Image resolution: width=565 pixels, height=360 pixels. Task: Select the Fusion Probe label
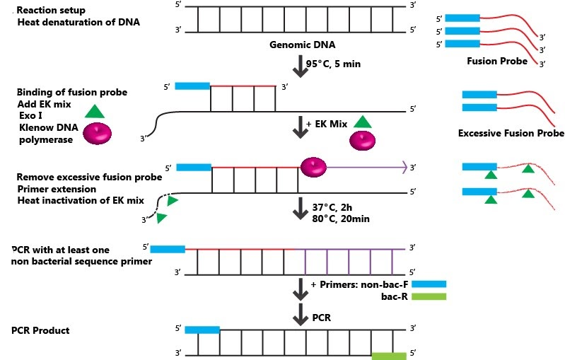(497, 61)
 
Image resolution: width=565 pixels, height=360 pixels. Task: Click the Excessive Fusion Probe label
(511, 133)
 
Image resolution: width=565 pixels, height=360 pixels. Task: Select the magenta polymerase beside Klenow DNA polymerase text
(98, 134)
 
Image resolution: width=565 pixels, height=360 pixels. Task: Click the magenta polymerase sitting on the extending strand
(313, 167)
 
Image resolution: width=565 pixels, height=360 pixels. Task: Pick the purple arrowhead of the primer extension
(404, 167)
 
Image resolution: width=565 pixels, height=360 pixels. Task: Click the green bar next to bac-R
(429, 297)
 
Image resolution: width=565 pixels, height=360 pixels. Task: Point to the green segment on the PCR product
(389, 357)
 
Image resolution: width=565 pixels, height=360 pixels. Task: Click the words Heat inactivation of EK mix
(80, 200)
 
